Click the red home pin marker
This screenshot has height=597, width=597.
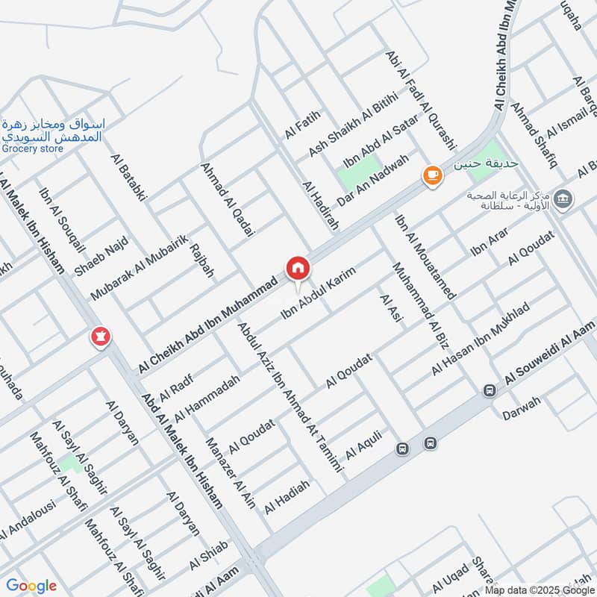pos(297,267)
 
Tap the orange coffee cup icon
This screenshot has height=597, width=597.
pos(432,175)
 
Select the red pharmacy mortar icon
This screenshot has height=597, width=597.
pos(99,337)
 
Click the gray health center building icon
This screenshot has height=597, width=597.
pos(563,199)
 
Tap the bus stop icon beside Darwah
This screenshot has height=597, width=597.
pos(490,390)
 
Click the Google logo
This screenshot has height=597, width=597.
pos(31,586)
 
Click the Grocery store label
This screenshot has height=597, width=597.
pos(32,149)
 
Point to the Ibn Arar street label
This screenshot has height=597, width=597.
pos(489,244)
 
